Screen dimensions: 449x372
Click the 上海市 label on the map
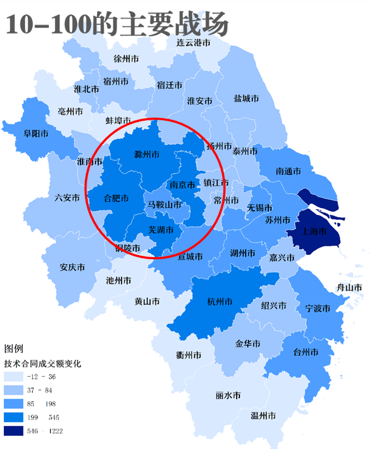tap(314, 231)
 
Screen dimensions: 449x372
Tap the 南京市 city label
tap(182, 185)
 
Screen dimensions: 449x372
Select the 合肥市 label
tap(116, 198)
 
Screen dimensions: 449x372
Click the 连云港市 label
tap(193, 42)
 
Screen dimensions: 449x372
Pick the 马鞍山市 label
tap(165, 205)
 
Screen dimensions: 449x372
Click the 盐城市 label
tap(246, 99)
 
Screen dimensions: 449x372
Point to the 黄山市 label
tap(147, 301)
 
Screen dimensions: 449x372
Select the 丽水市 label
tap(228, 396)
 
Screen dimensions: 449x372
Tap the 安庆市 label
tap(72, 268)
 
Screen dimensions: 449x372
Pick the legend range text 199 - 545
tap(45, 417)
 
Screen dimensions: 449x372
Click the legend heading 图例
tap(14, 349)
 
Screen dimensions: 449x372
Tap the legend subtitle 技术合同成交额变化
tap(43, 364)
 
